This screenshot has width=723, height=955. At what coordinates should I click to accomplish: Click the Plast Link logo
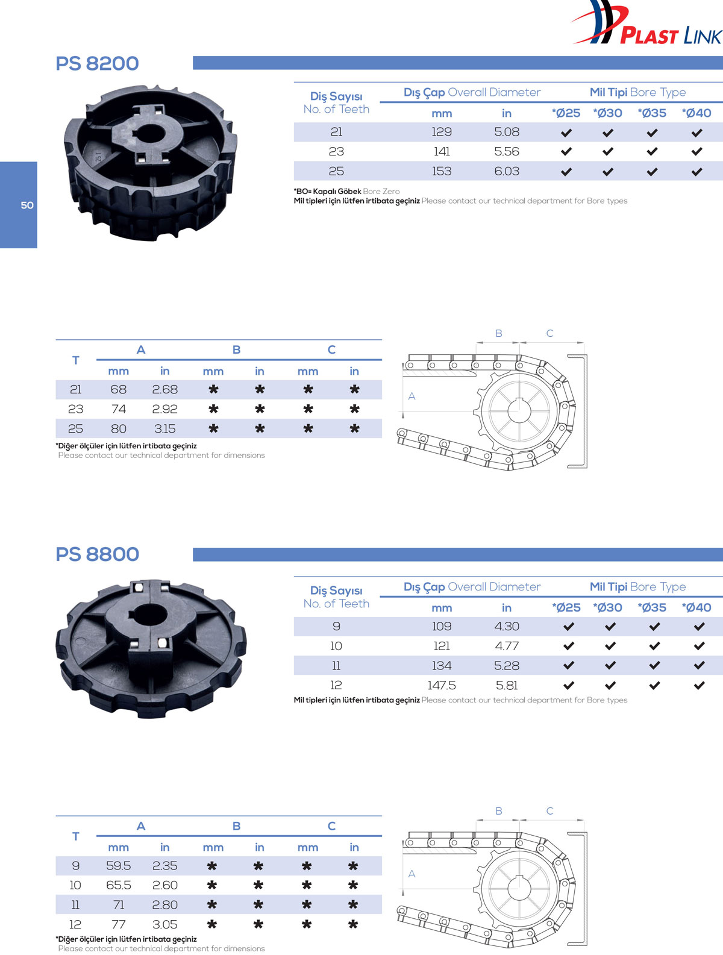click(x=647, y=24)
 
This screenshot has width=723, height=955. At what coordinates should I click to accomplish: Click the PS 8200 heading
click(x=97, y=63)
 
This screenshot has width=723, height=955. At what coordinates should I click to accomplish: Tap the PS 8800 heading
click(x=97, y=554)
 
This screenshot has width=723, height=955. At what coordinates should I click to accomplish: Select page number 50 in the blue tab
click(x=27, y=205)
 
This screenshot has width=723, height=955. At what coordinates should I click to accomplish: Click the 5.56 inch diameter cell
click(x=506, y=151)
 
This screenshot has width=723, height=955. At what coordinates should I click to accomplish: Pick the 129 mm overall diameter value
click(x=442, y=132)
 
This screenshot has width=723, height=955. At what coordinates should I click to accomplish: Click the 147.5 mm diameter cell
click(x=442, y=685)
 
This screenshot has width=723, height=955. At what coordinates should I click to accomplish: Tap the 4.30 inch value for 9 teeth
click(x=506, y=626)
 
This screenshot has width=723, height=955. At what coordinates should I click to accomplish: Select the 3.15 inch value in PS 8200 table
click(x=164, y=428)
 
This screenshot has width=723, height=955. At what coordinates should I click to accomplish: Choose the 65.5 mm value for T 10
click(x=118, y=885)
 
